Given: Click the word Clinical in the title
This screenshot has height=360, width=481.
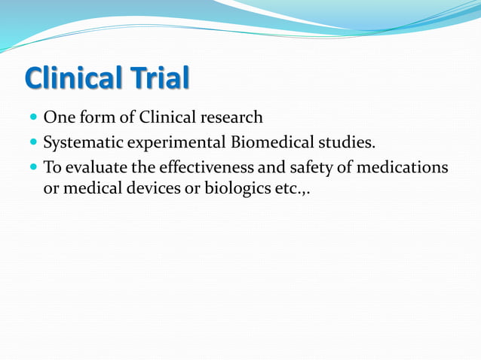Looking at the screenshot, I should pyautogui.click(x=69, y=78).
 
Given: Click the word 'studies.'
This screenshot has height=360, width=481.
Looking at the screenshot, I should pyautogui.click(x=344, y=142).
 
